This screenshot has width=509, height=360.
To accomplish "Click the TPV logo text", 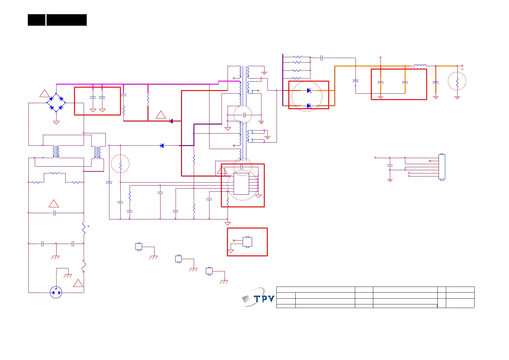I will coord(264,299).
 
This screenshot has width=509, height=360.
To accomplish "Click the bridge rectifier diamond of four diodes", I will coord(56,103).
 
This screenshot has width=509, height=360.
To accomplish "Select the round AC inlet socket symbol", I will coord(56,292).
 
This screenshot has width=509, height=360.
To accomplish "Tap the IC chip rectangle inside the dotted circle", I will coord(241,184).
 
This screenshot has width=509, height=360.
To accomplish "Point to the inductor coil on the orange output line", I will coord(420,65).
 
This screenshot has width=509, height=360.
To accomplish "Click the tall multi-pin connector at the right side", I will coord(442,167).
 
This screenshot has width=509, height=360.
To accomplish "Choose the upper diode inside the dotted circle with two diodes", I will coord(309,90).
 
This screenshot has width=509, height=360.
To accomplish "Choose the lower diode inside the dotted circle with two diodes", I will coord(309,106).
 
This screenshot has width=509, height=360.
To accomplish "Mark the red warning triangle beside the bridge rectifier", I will coord(45,93).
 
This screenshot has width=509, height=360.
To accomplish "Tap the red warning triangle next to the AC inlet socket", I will coord(78,283).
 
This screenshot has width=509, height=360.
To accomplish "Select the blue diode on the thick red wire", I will coord(171,121).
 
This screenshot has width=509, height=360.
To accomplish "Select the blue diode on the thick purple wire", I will coord(162,146).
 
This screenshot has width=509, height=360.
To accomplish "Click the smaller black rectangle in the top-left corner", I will coord(37,20).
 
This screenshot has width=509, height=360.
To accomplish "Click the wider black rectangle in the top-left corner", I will coord(66,20).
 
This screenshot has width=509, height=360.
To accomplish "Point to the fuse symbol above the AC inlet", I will coord(84,266).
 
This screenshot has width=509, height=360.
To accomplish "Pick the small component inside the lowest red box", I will coord(247,242).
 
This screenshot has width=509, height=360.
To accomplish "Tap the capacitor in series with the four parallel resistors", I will coord(322,58).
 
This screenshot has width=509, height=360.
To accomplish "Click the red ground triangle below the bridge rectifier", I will coord(56,122).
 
